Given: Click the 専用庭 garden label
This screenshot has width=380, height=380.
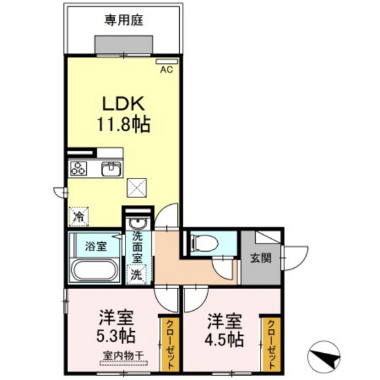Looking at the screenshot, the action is [x=123, y=20].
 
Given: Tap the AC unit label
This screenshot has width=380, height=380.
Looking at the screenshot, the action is [x=167, y=69].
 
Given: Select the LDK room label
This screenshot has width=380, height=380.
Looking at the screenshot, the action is [x=123, y=103].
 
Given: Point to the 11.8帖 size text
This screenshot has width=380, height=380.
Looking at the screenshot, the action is [x=123, y=123].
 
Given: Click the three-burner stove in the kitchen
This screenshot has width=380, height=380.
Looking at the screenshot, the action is [x=78, y=168].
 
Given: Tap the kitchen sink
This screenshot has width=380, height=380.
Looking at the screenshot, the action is [x=111, y=169].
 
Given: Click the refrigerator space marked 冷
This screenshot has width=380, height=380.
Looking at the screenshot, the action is [x=79, y=216].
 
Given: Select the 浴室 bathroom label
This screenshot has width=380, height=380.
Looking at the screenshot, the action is [x=96, y=246].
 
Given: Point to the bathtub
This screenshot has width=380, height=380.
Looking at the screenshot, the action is [x=95, y=270].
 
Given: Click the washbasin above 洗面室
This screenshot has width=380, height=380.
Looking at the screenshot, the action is [x=137, y=223].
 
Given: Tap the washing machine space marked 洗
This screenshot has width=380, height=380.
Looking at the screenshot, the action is [x=137, y=274].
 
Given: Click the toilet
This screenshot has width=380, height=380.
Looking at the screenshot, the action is [x=204, y=244].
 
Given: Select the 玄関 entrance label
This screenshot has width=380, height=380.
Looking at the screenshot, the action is [x=261, y=258].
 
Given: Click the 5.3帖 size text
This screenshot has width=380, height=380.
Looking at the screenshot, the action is [x=116, y=335].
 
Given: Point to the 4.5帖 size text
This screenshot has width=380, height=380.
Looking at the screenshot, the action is [x=224, y=339].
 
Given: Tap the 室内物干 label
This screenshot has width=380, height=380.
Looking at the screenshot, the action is [x=123, y=356].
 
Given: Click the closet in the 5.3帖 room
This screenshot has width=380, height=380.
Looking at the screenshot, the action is [x=169, y=345].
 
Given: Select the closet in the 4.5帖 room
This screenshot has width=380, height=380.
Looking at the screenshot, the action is [x=271, y=345].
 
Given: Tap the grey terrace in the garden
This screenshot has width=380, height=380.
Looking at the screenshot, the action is [x=123, y=45].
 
